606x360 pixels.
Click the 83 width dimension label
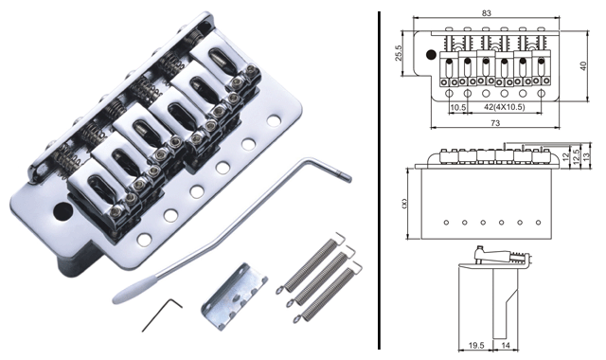pos(486,12)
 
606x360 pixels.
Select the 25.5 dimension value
pos(399,53)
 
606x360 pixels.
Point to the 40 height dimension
pos(583,65)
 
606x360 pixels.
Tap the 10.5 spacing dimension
pos(458,107)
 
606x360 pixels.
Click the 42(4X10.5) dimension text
pos(505,107)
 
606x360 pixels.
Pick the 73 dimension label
pos(495,123)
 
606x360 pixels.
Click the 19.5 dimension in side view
pos(476,345)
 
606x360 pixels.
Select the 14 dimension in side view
pos(506,345)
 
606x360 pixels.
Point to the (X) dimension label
pos(404,203)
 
